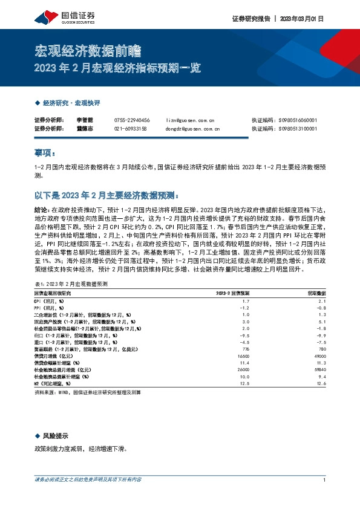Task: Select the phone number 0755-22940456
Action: click(132, 121)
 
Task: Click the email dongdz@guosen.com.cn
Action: click(192, 129)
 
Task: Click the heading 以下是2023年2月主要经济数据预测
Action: click(105, 195)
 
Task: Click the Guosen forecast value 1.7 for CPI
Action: click(246, 300)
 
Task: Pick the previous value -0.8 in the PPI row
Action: click(321, 308)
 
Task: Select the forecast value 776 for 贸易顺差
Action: click(246, 349)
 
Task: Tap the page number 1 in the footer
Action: click(325, 480)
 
